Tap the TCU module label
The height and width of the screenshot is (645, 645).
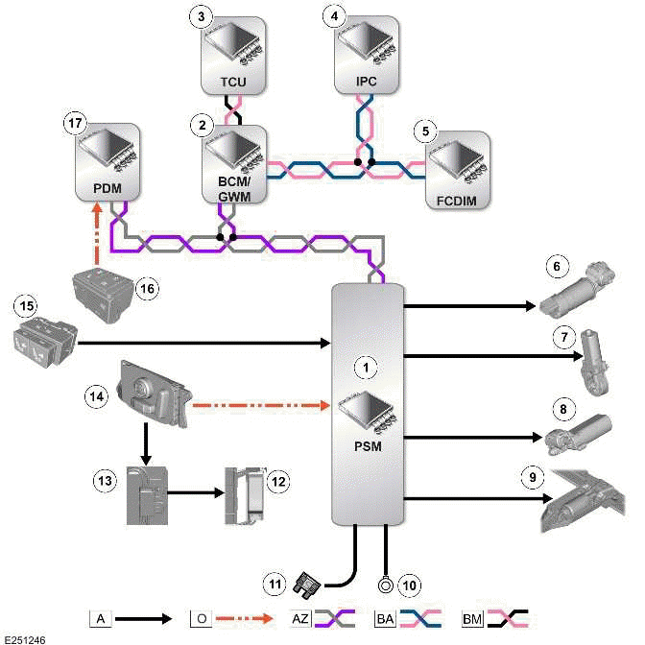point(233,83)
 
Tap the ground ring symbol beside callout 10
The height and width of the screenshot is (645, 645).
point(385,583)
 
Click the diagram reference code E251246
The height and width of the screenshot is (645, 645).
point(25,637)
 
